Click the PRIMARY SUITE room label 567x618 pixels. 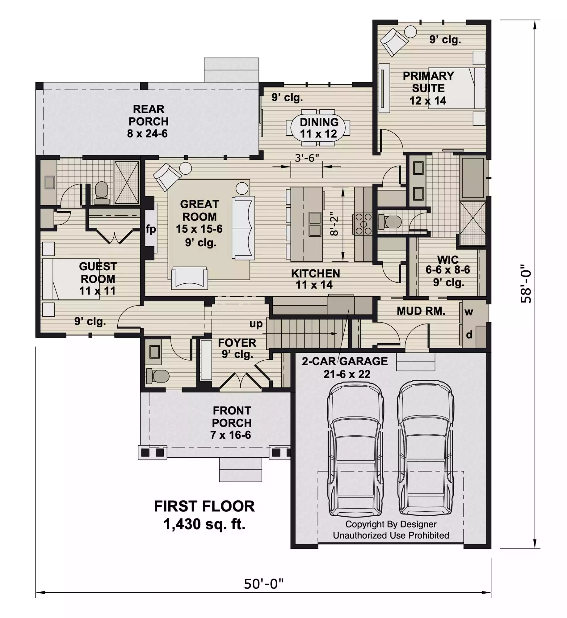[428, 82]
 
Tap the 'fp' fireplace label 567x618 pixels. [151, 229]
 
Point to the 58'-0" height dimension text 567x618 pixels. [526, 284]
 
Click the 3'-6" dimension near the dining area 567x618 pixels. [306, 158]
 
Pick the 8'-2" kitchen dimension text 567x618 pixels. [334, 224]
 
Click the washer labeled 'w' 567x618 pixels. [468, 311]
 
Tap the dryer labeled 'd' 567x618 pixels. [469, 334]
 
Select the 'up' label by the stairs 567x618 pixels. [256, 324]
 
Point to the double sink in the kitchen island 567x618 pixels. [315, 224]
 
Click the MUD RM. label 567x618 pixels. [421, 311]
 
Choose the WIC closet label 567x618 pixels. [448, 259]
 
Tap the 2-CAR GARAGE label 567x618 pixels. [345, 361]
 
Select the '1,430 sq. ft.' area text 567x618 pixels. [204, 524]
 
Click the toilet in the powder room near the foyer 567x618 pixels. [157, 376]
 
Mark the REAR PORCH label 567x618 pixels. [149, 115]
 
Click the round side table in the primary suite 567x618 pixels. [411, 32]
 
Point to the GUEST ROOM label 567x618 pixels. [98, 273]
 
